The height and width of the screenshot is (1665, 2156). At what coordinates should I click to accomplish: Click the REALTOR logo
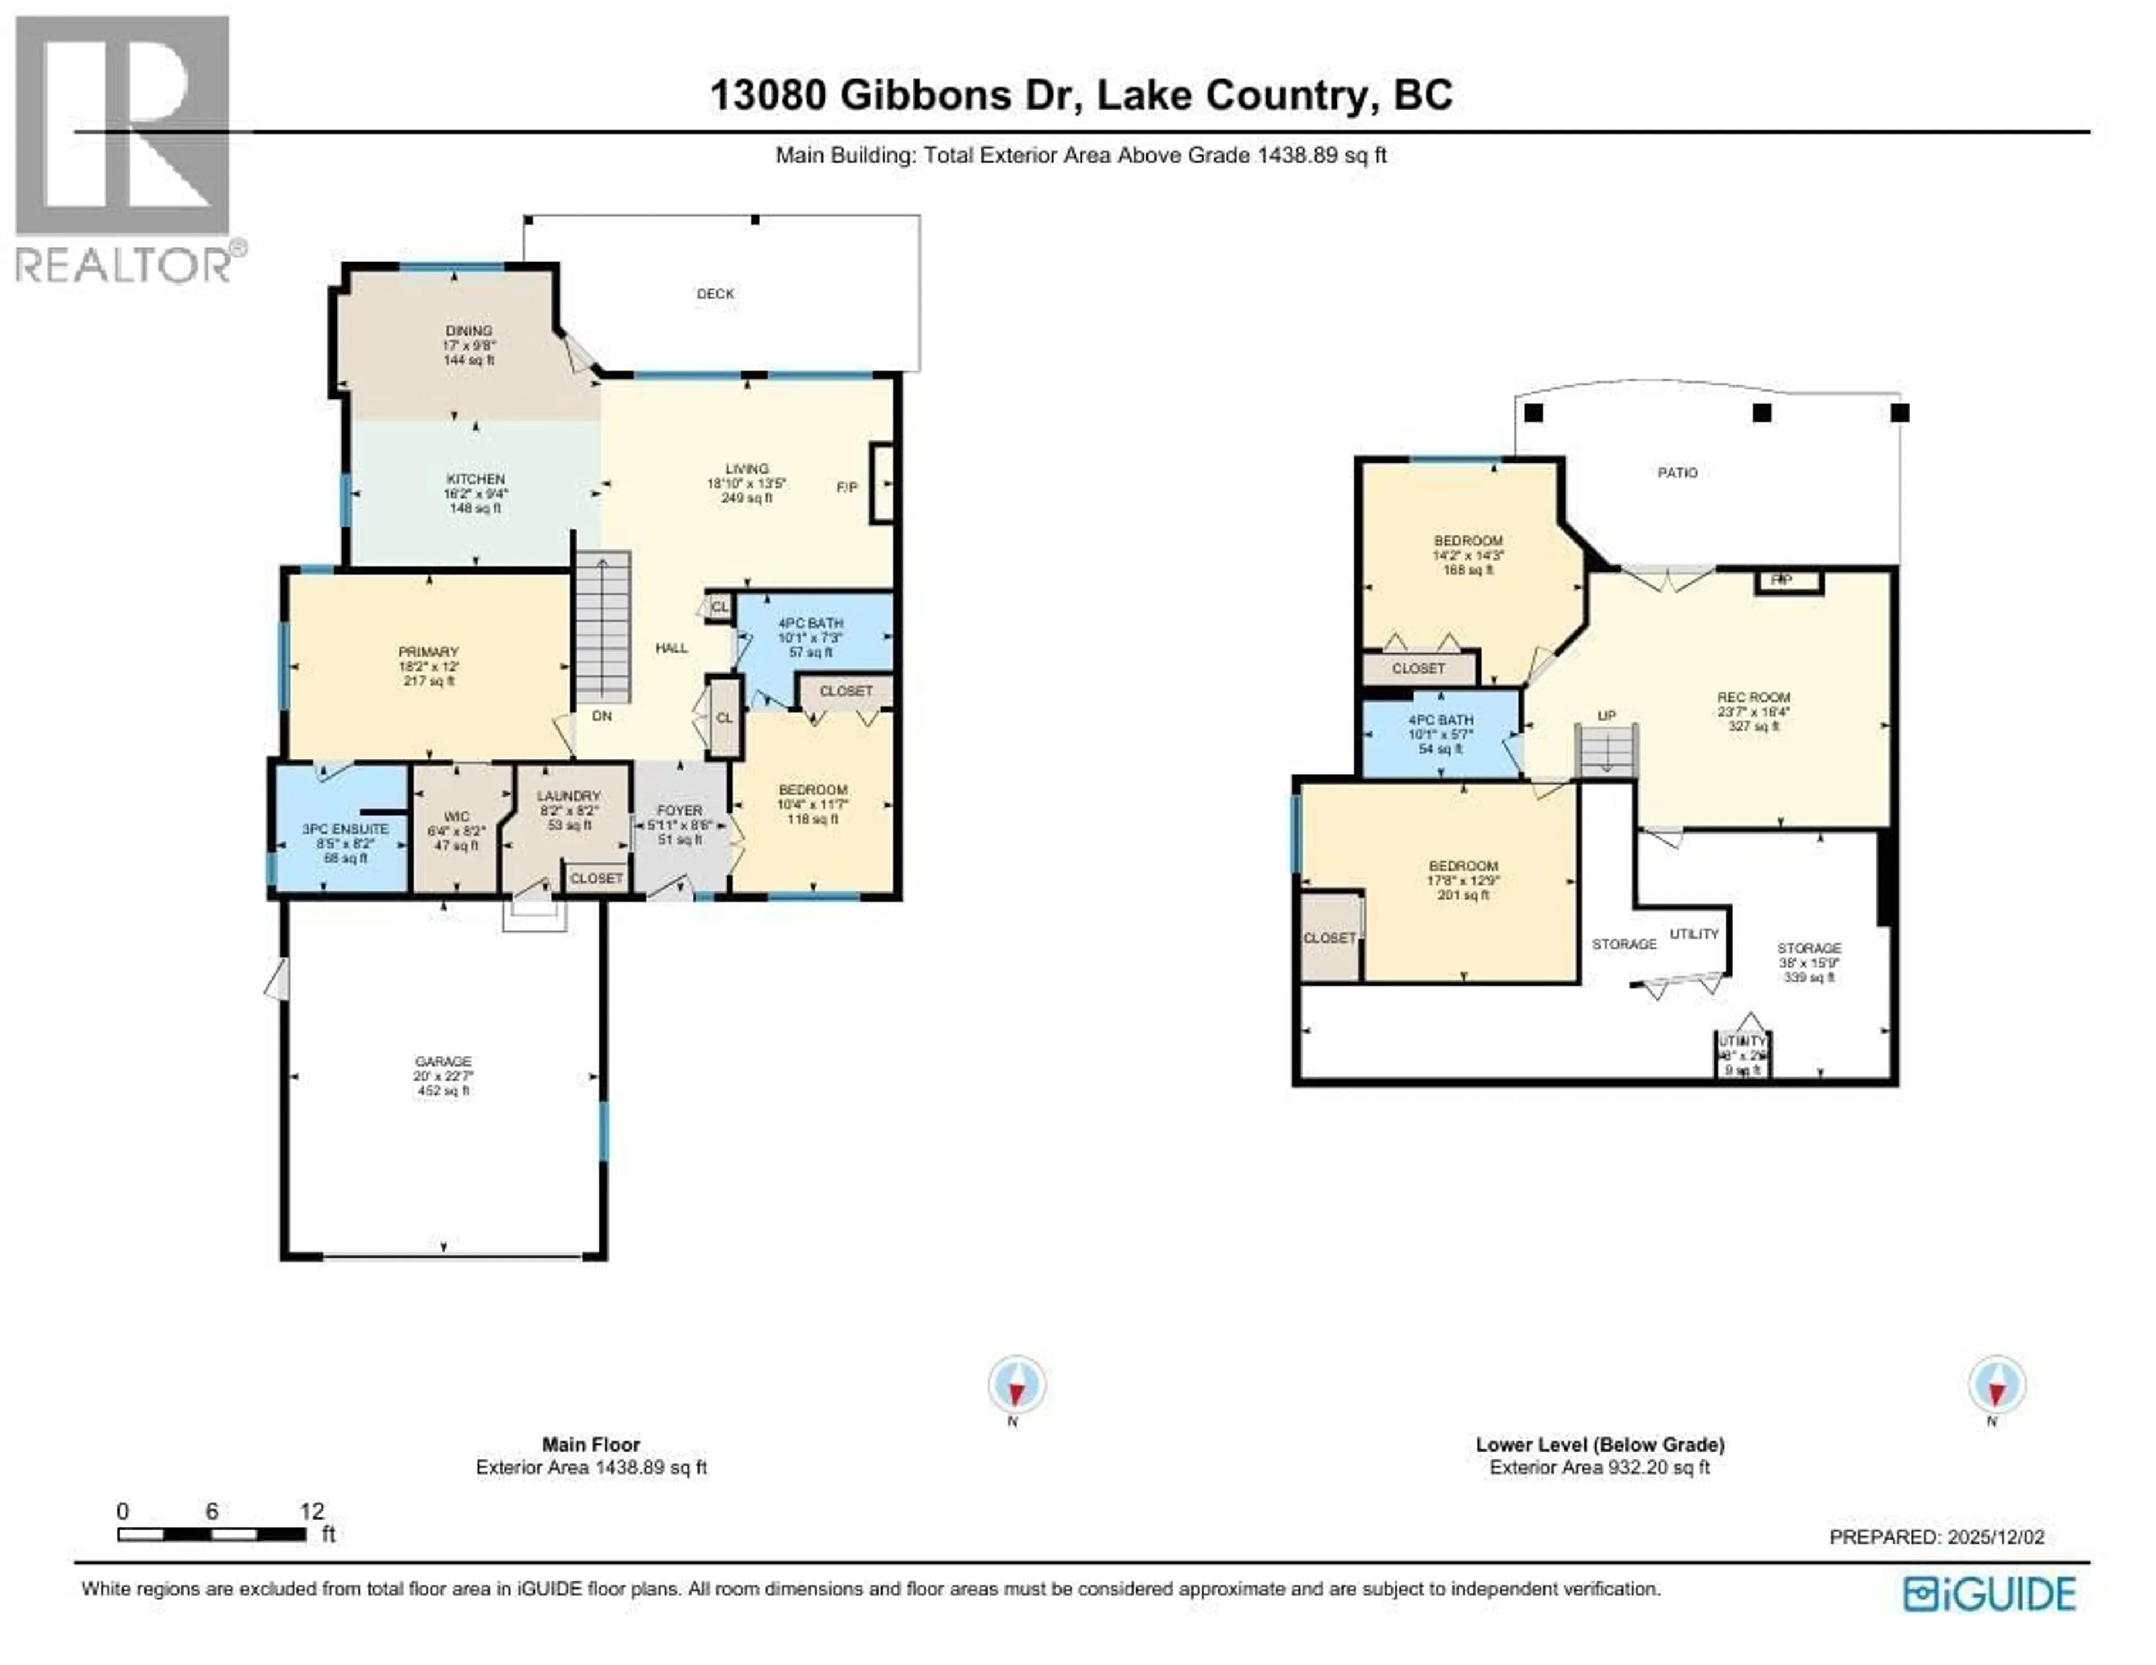[x=124, y=148]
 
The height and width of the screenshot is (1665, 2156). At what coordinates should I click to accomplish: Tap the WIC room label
[x=456, y=817]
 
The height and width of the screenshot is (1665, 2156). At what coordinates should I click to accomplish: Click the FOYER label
[x=679, y=810]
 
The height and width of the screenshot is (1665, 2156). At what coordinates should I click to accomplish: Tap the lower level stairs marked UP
[x=1606, y=750]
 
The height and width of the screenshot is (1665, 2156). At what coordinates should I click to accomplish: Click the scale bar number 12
[x=312, y=1511]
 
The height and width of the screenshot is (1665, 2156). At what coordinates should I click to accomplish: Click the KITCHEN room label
[x=476, y=479]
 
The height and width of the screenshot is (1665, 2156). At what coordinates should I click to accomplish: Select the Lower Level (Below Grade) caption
[x=1599, y=1444]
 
